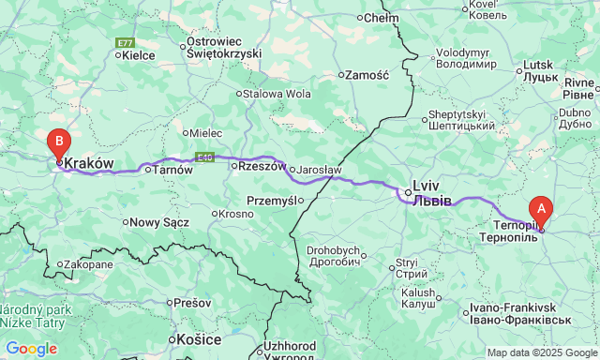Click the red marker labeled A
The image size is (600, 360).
tap(540, 209)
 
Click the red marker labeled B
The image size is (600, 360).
tap(58, 143)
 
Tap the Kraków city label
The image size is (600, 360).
tap(89, 163)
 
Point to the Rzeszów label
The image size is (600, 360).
tap(262, 166)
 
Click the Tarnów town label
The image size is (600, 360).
tap(172, 170)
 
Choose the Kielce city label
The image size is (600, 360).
tap(139, 55)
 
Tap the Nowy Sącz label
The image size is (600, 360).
tap(158, 222)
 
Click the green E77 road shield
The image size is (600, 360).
tap(125, 43)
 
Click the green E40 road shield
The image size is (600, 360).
tap(204, 157)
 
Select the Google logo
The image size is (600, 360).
tap(31, 349)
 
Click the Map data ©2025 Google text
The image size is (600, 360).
tap(541, 352)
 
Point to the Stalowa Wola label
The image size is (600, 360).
tap(277, 94)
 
